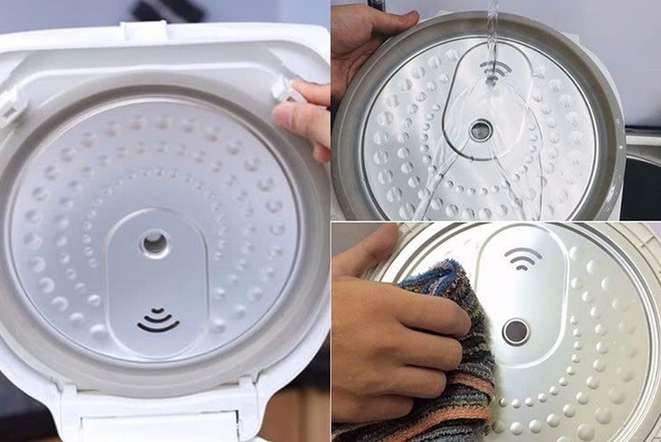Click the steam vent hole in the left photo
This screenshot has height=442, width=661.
tap(154, 243)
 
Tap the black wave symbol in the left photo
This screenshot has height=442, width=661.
tap(157, 321)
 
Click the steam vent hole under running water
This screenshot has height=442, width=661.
tap(480, 130)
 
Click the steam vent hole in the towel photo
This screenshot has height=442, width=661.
tap(516, 330)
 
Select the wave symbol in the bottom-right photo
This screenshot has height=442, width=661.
tap(522, 258)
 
